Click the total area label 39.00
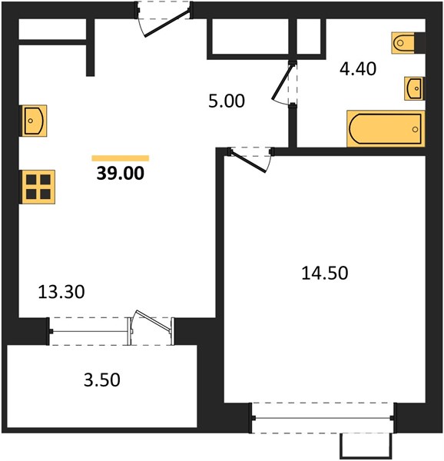pos(120,173)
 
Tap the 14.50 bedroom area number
pos(325,273)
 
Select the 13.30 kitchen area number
pos(61,292)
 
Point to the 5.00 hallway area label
pos(227,101)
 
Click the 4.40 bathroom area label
pos(358,69)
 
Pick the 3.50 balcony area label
pos(102,380)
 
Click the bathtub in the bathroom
pos(386,129)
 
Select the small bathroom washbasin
pos(414,88)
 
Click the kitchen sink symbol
pos(33,121)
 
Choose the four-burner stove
pos(38,187)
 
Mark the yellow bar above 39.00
pos(121,158)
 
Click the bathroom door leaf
pos(282,81)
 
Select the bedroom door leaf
pos(249,161)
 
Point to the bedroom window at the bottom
pos(323,418)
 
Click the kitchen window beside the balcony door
pos(89,331)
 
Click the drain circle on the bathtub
pos(415,129)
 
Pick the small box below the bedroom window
pos(366,446)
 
